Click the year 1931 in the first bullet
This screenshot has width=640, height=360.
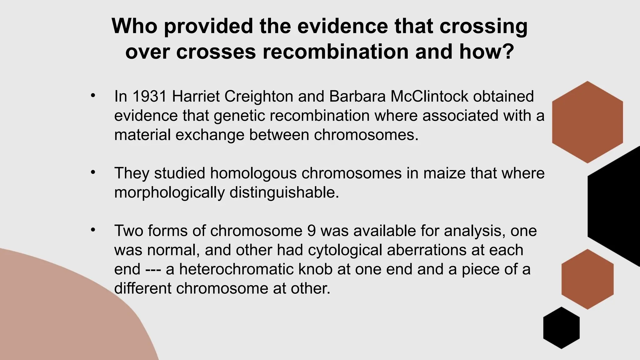150,96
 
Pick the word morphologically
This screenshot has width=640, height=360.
169,193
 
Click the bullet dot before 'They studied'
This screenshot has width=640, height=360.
93,172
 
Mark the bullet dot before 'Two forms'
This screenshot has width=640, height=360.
93,230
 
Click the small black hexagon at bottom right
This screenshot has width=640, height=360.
561,328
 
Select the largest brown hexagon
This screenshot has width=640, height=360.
587,122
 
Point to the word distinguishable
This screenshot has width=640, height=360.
284,193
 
